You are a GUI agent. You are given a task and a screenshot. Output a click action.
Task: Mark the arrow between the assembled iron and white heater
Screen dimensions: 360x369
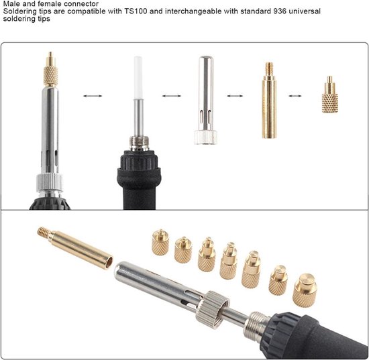(x=91, y=96)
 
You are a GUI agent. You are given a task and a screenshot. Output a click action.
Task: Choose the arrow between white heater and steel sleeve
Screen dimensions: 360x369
(x=170, y=96)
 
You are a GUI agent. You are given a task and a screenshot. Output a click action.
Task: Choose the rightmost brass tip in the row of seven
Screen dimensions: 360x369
(x=304, y=288)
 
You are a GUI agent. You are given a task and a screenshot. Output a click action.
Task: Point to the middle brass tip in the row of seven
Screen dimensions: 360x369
(x=228, y=261)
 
